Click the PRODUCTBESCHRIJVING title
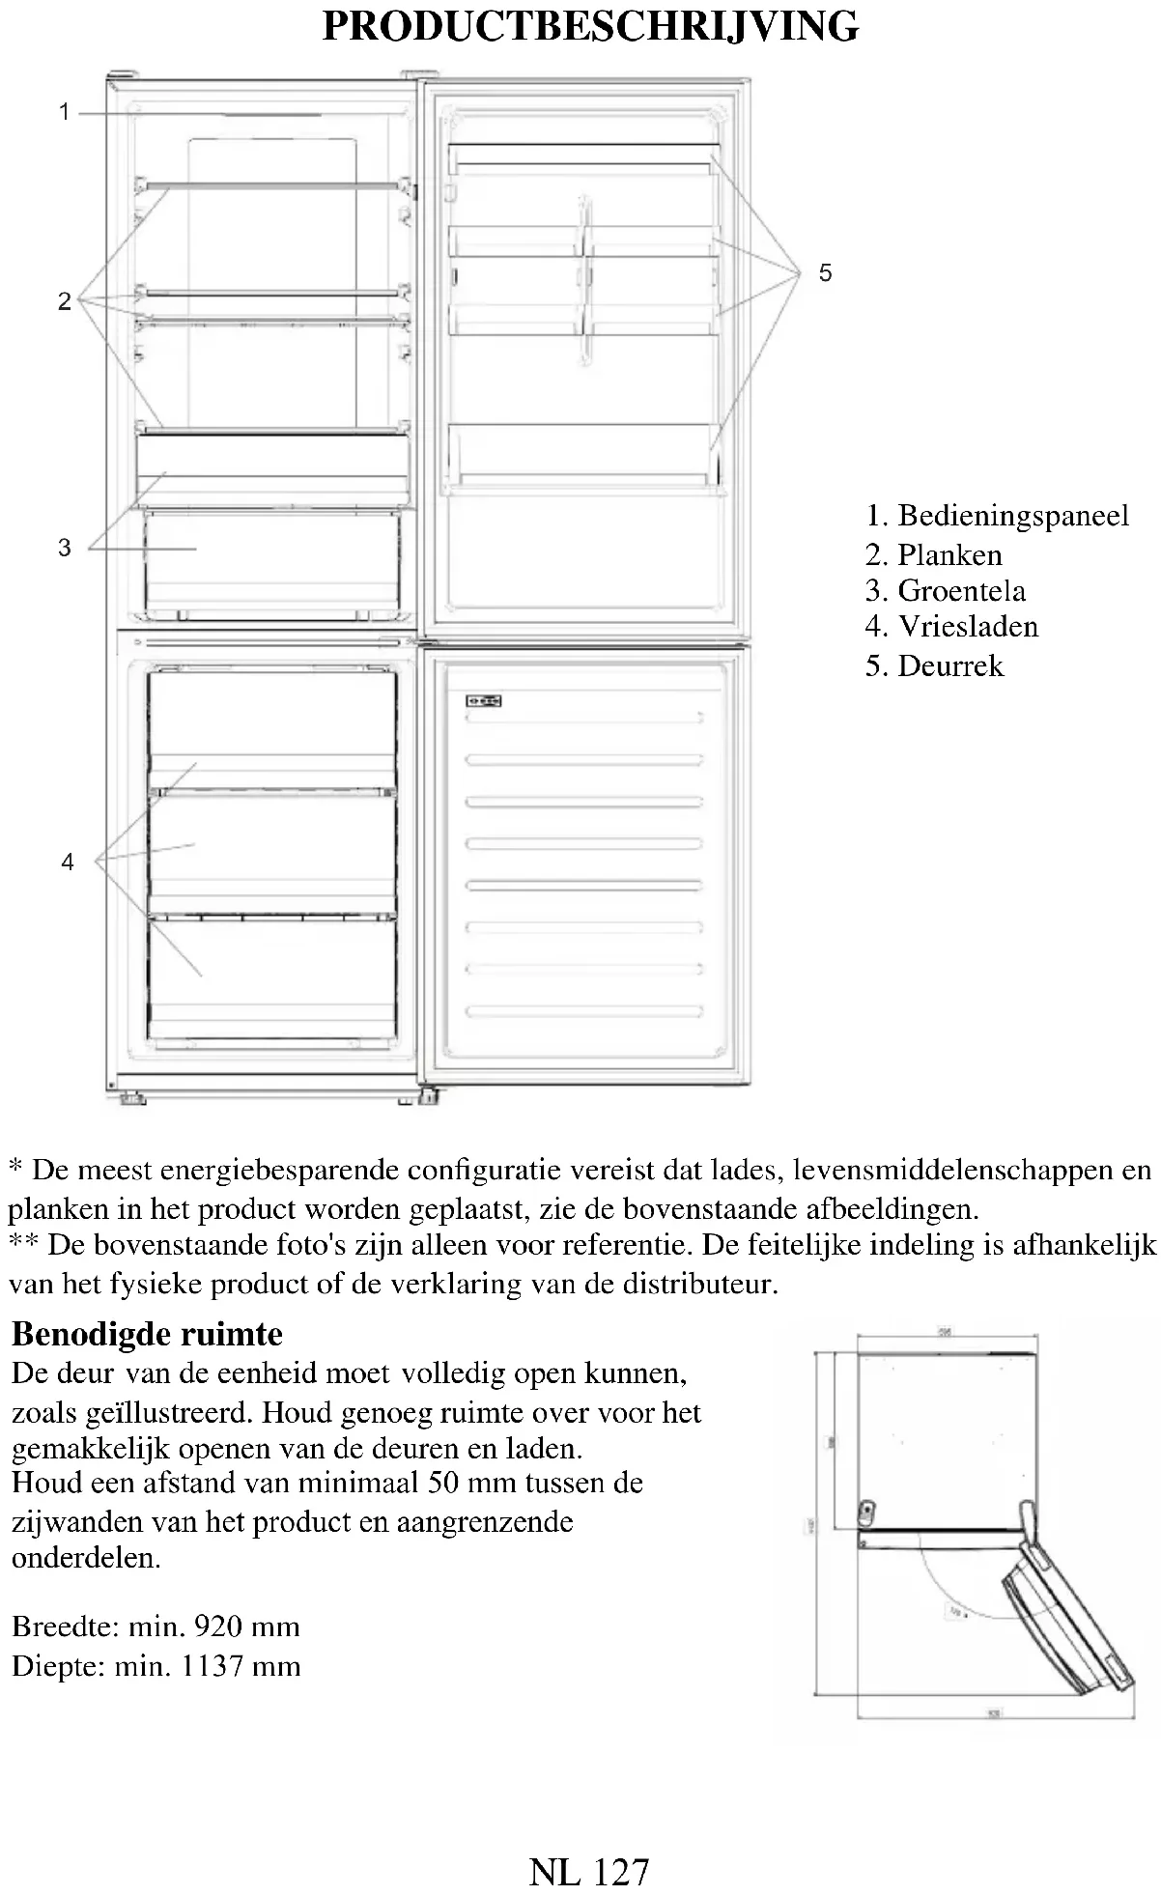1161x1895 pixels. coord(589,26)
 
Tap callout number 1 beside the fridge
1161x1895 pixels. coord(65,113)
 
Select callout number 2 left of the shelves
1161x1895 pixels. coord(65,301)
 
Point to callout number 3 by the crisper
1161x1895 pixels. coord(65,548)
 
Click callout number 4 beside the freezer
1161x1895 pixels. coord(67,861)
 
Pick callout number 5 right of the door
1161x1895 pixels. coord(825,272)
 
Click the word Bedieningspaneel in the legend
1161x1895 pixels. coord(1012,516)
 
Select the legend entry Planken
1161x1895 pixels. coord(949,554)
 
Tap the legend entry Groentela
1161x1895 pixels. coord(961,590)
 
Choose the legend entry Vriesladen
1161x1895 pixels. coord(968,626)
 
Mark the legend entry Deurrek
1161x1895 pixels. coord(950,665)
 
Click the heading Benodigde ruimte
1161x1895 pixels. coord(147,1334)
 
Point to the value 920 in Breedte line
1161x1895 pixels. coord(218,1626)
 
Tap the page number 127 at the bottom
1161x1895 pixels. coord(618,1872)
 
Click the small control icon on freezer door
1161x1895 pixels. coord(483,700)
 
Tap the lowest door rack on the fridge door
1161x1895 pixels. coord(584,454)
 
